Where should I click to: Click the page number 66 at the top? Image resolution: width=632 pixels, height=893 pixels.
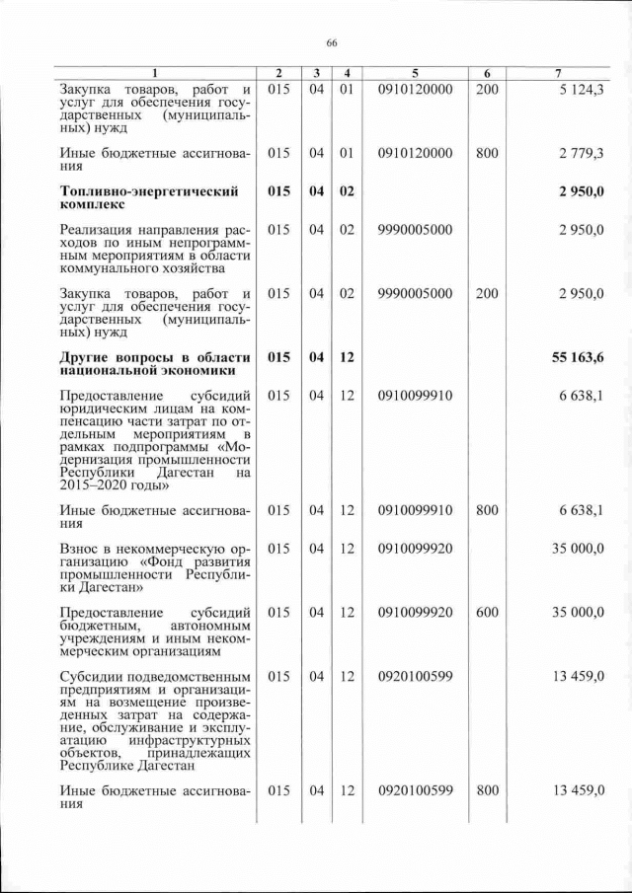pos(331,42)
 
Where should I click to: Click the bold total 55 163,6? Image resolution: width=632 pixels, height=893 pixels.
pos(577,356)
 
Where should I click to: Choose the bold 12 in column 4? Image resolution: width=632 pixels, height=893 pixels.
pos(346,356)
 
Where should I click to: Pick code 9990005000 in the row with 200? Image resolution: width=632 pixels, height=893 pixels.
pos(415,293)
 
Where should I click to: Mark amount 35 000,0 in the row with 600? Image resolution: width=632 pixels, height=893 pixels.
pos(581,612)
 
